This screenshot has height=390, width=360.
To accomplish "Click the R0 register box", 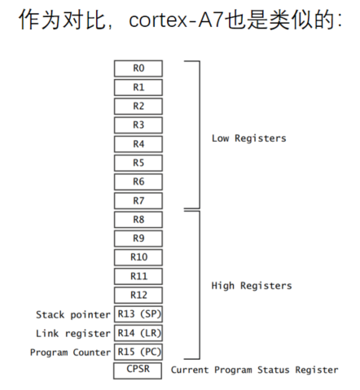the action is pos(138,68).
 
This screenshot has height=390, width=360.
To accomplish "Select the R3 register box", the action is pos(138,125).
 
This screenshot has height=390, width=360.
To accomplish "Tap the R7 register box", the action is pos(138,201).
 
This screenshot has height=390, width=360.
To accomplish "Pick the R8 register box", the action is pos(138,220).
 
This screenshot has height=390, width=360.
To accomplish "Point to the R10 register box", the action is pos(138,257).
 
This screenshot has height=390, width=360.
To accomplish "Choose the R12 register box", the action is pos(138,295).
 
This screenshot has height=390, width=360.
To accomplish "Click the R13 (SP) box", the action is pos(138,314).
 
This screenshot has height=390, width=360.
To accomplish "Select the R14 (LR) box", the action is pos(138,333).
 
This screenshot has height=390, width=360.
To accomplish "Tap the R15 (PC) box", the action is pos(138,352).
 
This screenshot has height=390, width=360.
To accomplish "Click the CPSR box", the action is pos(138,370).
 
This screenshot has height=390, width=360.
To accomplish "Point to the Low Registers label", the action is pos(249,138).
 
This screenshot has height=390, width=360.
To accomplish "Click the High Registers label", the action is pos(252,286).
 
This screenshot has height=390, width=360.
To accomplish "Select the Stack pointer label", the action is pos(73,315).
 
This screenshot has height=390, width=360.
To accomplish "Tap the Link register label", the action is pos(73,334).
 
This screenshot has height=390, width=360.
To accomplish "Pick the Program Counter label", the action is pos(70,353).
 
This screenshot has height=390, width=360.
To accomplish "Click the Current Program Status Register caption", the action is pos(255,370).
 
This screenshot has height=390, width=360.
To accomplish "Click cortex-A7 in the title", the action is pos(177,20).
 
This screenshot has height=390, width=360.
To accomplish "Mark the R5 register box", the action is pos(138,163).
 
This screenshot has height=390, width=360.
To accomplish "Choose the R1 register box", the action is pos(138,87).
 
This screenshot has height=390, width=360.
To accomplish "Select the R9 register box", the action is pos(138,239).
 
